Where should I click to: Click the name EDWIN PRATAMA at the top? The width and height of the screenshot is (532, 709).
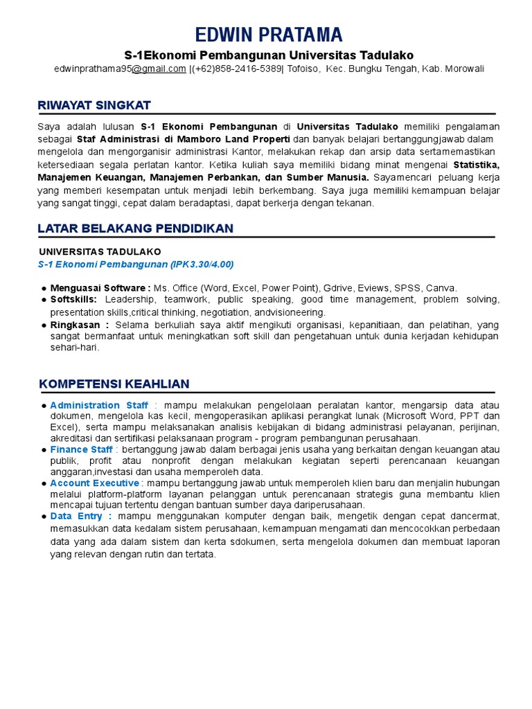pyautogui.click(x=269, y=35)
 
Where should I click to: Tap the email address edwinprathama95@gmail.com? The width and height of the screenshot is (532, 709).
pyautogui.click(x=120, y=69)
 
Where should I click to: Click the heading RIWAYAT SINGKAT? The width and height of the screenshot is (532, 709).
pyautogui.click(x=94, y=105)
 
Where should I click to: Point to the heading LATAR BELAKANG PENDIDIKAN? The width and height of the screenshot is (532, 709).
pyautogui.click(x=136, y=228)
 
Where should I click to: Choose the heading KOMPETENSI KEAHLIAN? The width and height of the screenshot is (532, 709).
pyautogui.click(x=114, y=384)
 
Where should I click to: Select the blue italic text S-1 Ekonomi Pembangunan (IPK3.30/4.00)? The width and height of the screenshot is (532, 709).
pyautogui.click(x=136, y=264)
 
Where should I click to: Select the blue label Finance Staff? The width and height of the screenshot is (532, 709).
pyautogui.click(x=81, y=450)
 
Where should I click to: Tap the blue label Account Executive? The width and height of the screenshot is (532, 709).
pyautogui.click(x=94, y=483)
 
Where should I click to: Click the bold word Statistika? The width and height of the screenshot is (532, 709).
pyautogui.click(x=475, y=165)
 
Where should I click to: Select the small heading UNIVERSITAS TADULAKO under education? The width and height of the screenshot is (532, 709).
pyautogui.click(x=100, y=252)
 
